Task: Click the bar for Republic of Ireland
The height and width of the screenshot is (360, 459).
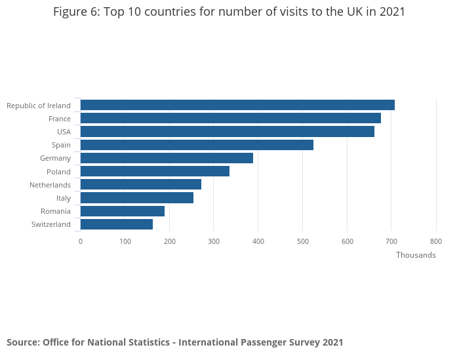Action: pos(237,105)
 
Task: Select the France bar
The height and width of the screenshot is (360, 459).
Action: pos(230,118)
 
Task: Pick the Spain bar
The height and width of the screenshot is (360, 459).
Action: pos(197,145)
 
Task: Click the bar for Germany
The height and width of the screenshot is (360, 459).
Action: pos(167,158)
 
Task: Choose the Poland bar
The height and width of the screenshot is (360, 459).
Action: pos(155,171)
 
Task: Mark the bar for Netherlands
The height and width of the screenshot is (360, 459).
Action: pos(140,184)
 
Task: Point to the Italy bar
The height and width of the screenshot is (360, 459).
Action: pos(136,198)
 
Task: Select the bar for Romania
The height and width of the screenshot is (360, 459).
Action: pos(122,211)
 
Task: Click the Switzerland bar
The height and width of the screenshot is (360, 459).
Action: pos(116,224)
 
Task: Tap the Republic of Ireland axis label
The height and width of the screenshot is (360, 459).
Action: pos(38,106)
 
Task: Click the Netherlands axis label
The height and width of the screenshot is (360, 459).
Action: pos(50,185)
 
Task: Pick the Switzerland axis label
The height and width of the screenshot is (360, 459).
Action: pos(50,224)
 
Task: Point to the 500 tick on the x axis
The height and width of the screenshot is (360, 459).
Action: pos(302,241)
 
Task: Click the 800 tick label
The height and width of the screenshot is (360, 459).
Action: pos(436,241)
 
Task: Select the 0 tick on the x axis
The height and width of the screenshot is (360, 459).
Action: pos(81,241)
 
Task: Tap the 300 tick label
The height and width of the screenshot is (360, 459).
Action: pos(214,241)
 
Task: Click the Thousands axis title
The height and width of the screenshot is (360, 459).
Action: pos(416,255)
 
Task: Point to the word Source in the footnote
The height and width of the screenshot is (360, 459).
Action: pos(22,342)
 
